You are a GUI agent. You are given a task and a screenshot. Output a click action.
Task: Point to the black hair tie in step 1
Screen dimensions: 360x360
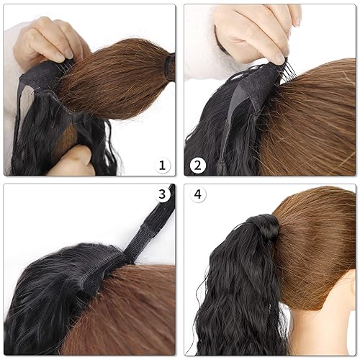click(170, 66)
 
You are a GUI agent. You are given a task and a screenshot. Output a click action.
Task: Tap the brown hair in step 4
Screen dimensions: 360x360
click(317, 230)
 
